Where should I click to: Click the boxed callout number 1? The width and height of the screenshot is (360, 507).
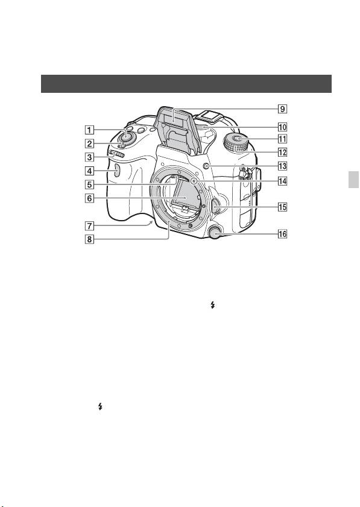point(89,131)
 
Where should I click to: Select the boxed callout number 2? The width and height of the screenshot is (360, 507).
point(89,143)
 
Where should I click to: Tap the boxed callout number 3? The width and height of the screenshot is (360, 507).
point(89,157)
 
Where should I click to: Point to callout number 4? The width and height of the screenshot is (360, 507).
point(89,171)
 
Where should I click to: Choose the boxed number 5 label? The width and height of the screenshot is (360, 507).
point(89,184)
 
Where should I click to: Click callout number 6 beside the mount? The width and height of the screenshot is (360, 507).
point(89,198)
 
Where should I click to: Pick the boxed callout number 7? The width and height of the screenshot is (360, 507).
point(89,225)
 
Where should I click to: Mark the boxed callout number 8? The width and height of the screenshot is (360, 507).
point(89,239)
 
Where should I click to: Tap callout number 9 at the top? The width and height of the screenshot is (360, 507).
point(282,109)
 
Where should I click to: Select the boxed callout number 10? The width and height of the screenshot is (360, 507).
point(282,127)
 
